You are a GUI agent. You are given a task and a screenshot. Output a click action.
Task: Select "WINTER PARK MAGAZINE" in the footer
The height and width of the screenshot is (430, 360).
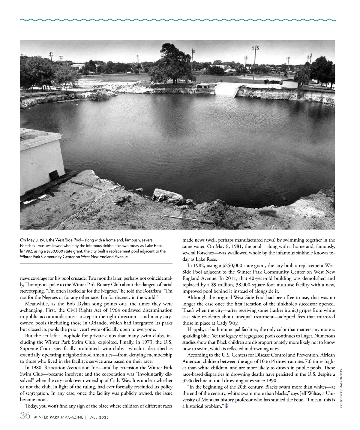coord(58,417)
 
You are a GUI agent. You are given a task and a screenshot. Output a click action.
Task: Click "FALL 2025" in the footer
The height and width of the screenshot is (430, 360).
coord(98,417)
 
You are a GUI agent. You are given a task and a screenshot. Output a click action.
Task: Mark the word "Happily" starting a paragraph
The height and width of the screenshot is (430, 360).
coord(196,329)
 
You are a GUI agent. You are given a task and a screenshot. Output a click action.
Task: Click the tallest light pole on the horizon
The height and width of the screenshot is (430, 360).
coord(255,63)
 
